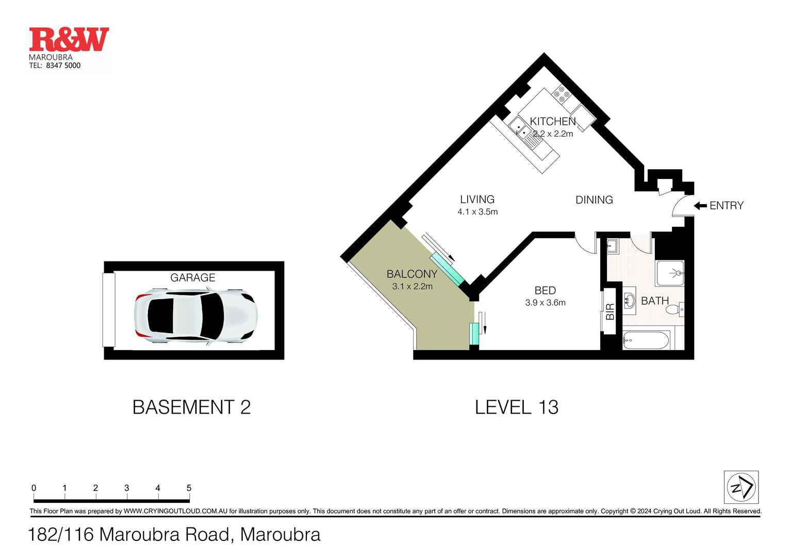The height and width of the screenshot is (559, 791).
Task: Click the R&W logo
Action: click(x=69, y=40)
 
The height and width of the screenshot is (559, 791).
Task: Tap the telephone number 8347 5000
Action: click(x=63, y=65)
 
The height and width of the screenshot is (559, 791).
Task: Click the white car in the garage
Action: click(x=194, y=316)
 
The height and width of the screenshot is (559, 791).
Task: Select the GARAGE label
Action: click(x=192, y=278)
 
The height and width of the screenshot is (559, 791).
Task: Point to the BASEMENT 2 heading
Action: click(x=191, y=407)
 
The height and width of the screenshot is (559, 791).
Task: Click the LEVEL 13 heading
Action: click(x=516, y=407)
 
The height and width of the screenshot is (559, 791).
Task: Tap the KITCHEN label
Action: click(x=552, y=122)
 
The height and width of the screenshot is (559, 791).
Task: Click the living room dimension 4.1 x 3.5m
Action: click(x=477, y=212)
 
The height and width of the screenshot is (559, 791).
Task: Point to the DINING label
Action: click(x=594, y=200)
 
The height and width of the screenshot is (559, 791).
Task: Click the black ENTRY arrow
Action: click(x=700, y=206)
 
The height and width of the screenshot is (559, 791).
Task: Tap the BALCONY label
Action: click(x=411, y=274)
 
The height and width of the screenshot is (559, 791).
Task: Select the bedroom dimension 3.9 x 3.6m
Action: click(x=545, y=303)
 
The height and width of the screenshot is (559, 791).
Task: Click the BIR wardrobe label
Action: click(x=610, y=311)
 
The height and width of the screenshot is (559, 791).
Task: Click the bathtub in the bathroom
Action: click(x=646, y=340)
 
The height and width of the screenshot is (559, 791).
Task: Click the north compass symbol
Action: click(x=741, y=487)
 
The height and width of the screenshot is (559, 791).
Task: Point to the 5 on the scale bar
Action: click(x=189, y=488)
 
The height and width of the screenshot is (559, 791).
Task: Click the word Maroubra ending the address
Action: click(x=280, y=535)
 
